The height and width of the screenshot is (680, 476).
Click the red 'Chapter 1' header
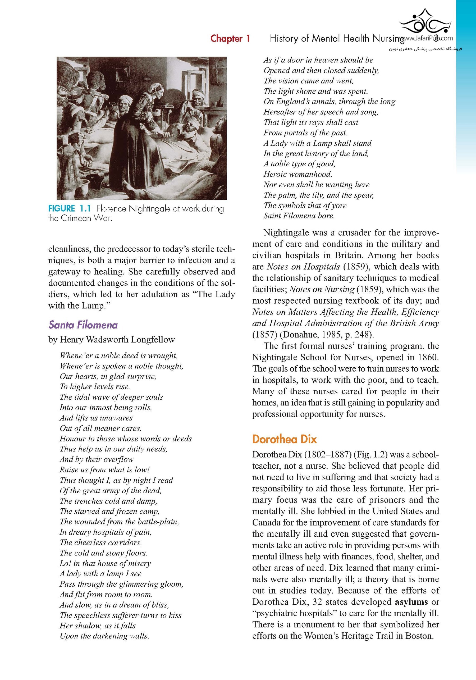tap(230, 39)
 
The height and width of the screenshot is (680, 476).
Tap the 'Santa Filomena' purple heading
tap(83, 325)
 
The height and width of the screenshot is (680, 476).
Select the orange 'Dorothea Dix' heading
tap(284, 439)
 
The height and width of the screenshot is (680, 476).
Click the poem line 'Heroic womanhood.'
tap(298, 174)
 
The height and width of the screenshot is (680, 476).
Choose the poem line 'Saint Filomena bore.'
tap(299, 216)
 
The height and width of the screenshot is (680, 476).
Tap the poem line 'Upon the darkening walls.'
tap(104, 636)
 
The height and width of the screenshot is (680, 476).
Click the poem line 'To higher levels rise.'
tap(95, 386)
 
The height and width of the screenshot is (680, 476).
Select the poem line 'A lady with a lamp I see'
tap(101, 574)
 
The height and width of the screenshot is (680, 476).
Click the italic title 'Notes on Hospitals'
tap(303, 267)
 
